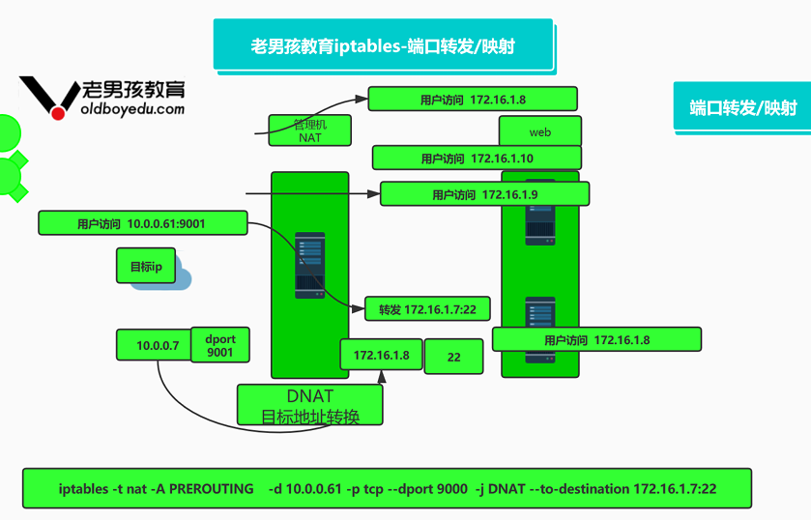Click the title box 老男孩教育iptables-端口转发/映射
(x=383, y=44)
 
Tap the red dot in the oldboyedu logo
(x=58, y=113)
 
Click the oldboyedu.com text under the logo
(x=132, y=109)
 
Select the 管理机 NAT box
(x=310, y=130)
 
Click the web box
(x=540, y=132)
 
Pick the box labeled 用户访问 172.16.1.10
(x=477, y=158)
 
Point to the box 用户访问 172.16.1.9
(x=484, y=194)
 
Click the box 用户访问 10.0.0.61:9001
(x=143, y=223)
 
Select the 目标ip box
(x=146, y=266)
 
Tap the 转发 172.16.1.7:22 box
(x=427, y=309)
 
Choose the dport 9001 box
(x=220, y=345)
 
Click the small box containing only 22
(x=453, y=357)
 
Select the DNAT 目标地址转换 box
(x=310, y=405)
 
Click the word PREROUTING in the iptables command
(x=211, y=488)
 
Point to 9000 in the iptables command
(x=452, y=488)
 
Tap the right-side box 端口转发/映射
(x=742, y=106)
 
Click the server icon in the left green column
(x=310, y=265)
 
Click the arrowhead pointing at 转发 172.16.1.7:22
(x=358, y=309)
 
